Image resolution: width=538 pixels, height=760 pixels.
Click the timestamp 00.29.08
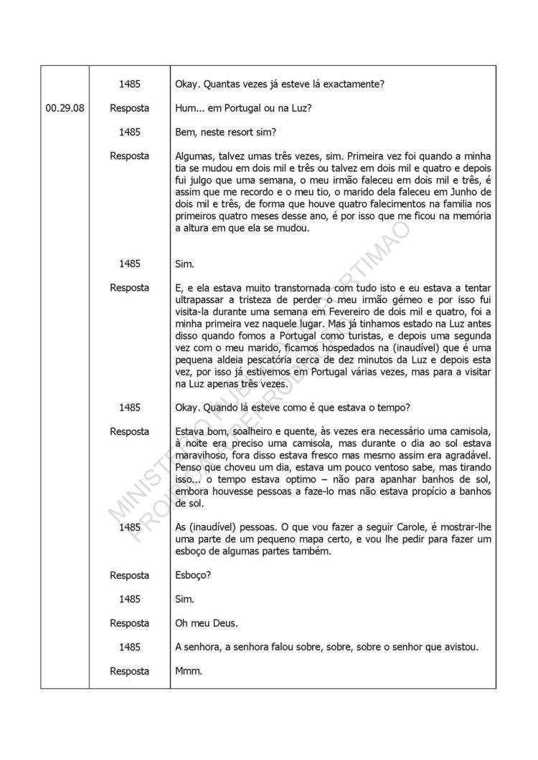point(65,108)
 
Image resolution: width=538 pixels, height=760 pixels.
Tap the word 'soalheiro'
point(253,432)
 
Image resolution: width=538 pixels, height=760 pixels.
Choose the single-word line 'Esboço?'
point(194,576)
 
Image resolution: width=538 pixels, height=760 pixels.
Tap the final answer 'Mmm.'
point(189,672)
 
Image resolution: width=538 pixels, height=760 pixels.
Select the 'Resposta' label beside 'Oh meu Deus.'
point(129,624)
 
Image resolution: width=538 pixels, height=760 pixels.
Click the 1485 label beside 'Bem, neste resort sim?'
point(129,132)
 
